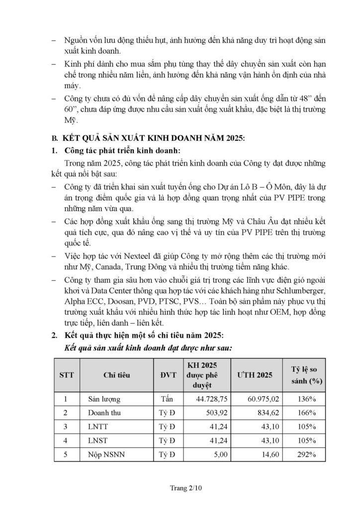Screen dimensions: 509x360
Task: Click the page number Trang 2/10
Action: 180,489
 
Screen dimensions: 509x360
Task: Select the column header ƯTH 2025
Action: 255,375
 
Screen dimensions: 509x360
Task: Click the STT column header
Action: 66,375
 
